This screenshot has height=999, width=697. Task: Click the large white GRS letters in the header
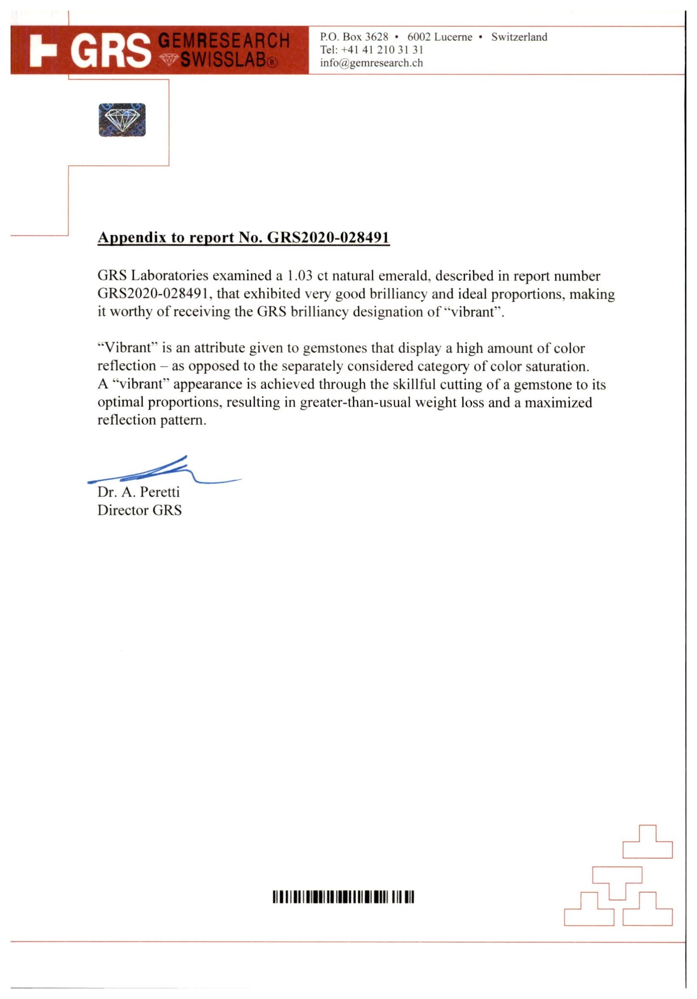(111, 51)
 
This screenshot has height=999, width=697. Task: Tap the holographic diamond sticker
(122, 120)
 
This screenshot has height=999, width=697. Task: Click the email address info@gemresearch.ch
(371, 63)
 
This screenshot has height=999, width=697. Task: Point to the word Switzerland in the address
(519, 37)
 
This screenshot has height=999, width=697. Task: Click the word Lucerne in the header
(453, 37)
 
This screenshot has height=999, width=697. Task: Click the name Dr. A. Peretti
(138, 492)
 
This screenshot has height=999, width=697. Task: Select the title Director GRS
(139, 510)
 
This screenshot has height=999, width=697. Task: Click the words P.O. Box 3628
(354, 37)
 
